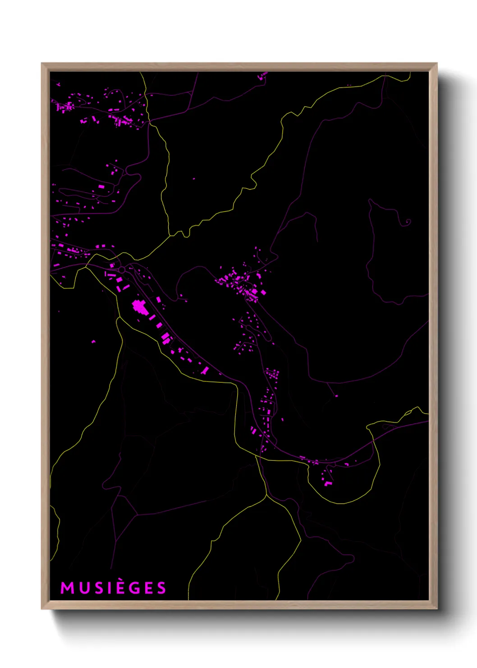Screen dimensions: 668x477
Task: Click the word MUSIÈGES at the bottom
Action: tap(113, 588)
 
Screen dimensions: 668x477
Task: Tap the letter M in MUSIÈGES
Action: tap(67, 588)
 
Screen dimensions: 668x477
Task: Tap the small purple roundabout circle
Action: tap(122, 269)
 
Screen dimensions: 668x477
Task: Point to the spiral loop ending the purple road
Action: tap(408, 222)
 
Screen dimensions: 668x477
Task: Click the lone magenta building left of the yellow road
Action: tap(94, 342)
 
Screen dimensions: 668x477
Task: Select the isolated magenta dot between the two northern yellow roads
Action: tap(194, 179)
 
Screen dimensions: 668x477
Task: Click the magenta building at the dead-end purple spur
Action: tap(336, 396)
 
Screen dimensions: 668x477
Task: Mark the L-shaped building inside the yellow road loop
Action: tap(328, 484)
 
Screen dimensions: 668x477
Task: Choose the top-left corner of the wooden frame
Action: tap(42, 64)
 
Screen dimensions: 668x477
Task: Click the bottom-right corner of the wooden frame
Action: tap(436, 609)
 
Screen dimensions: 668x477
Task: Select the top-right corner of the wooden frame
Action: tap(436, 64)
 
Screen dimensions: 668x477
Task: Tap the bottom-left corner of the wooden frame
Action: tap(42, 609)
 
